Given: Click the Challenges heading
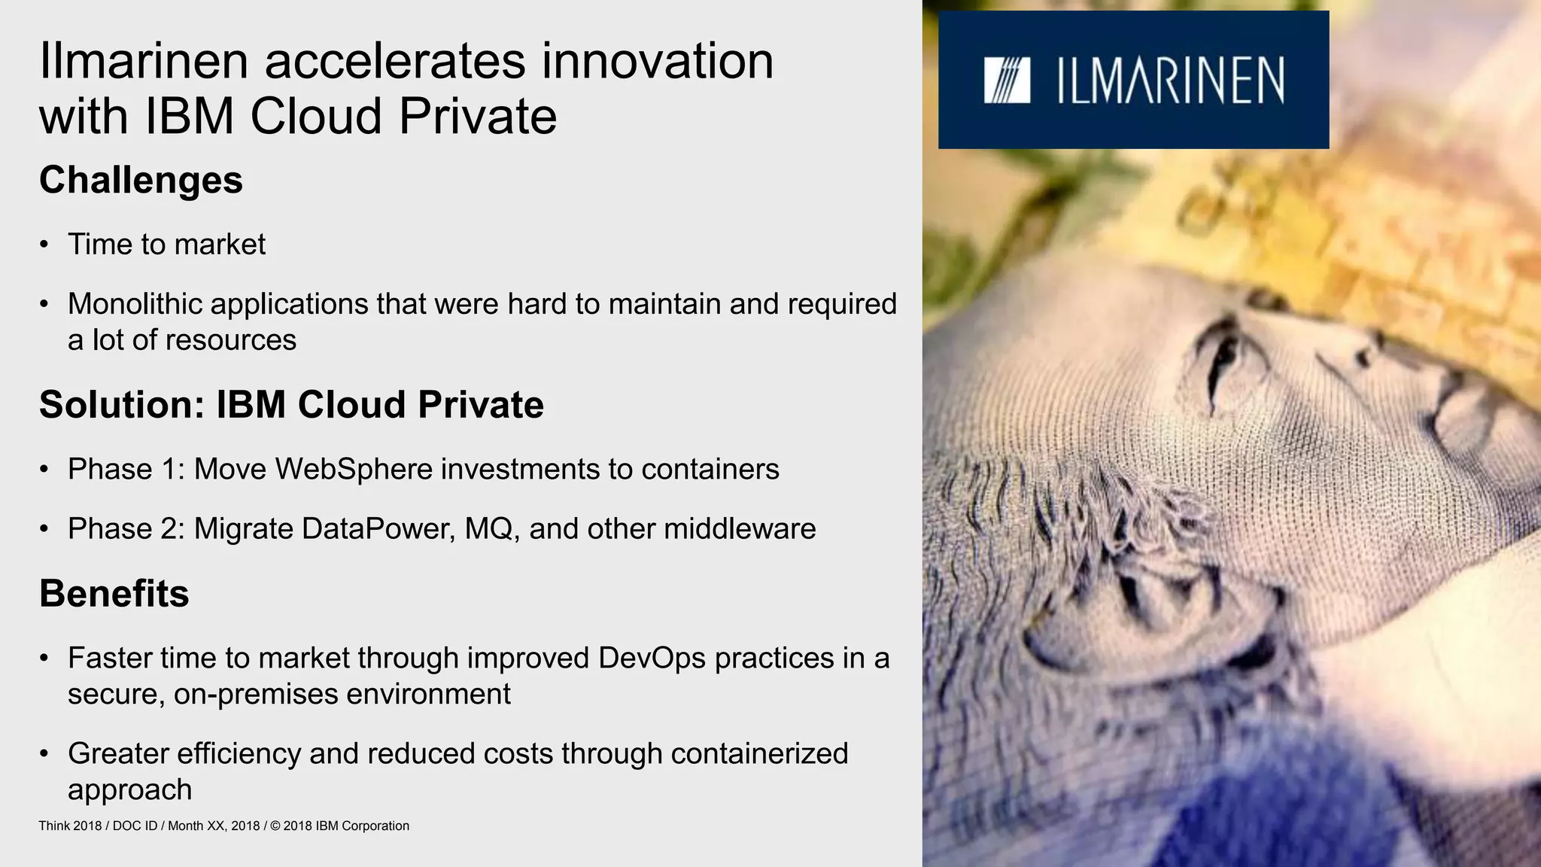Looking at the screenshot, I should click(141, 181).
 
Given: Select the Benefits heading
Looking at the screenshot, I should click(114, 594).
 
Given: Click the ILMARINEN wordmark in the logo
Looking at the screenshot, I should click(1170, 81).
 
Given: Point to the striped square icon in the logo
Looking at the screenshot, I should click(1006, 81).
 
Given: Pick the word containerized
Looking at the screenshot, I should click(759, 753).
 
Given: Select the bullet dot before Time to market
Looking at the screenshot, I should click(44, 245).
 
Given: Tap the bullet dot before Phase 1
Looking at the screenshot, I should click(44, 470).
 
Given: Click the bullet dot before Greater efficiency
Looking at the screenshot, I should click(44, 753).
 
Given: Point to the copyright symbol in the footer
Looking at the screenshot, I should click(275, 826).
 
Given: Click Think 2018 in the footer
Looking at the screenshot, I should click(70, 826).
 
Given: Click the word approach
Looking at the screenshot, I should click(129, 790).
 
